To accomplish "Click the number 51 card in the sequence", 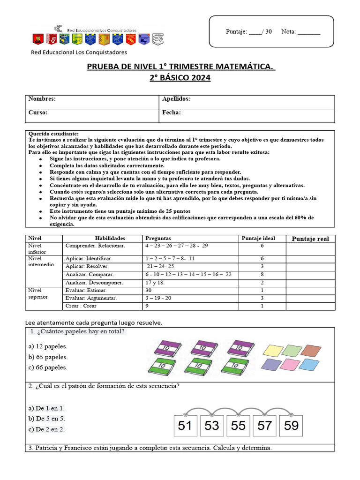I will (x=186, y=426).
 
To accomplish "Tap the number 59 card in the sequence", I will (x=291, y=426).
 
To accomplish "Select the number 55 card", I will (x=238, y=426).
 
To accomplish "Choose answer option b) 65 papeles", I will (x=48, y=357).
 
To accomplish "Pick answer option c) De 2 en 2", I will (x=46, y=429).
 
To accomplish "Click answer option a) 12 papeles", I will (x=48, y=346).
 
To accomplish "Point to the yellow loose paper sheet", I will (x=273, y=350).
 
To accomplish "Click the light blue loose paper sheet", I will (x=311, y=364).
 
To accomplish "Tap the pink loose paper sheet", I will (x=292, y=364).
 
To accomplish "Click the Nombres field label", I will (x=42, y=99).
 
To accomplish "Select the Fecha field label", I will (x=172, y=113).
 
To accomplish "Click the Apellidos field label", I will (x=176, y=99).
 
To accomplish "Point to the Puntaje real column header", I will (x=310, y=239).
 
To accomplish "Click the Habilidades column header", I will (x=110, y=239).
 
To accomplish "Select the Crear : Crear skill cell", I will (x=81, y=306).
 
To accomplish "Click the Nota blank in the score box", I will (x=309, y=32).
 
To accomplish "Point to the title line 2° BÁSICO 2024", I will (x=180, y=78).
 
